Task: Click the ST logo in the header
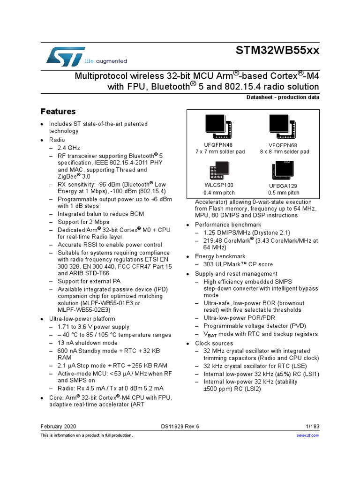(66, 56)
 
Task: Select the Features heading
(58, 112)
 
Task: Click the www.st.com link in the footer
(308, 435)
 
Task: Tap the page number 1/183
(311, 427)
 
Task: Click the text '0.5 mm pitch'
(284, 193)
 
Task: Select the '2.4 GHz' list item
(69, 148)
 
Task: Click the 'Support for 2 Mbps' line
(83, 222)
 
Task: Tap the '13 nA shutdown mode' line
(88, 343)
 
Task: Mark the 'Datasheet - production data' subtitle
(283, 97)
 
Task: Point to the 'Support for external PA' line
(89, 281)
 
